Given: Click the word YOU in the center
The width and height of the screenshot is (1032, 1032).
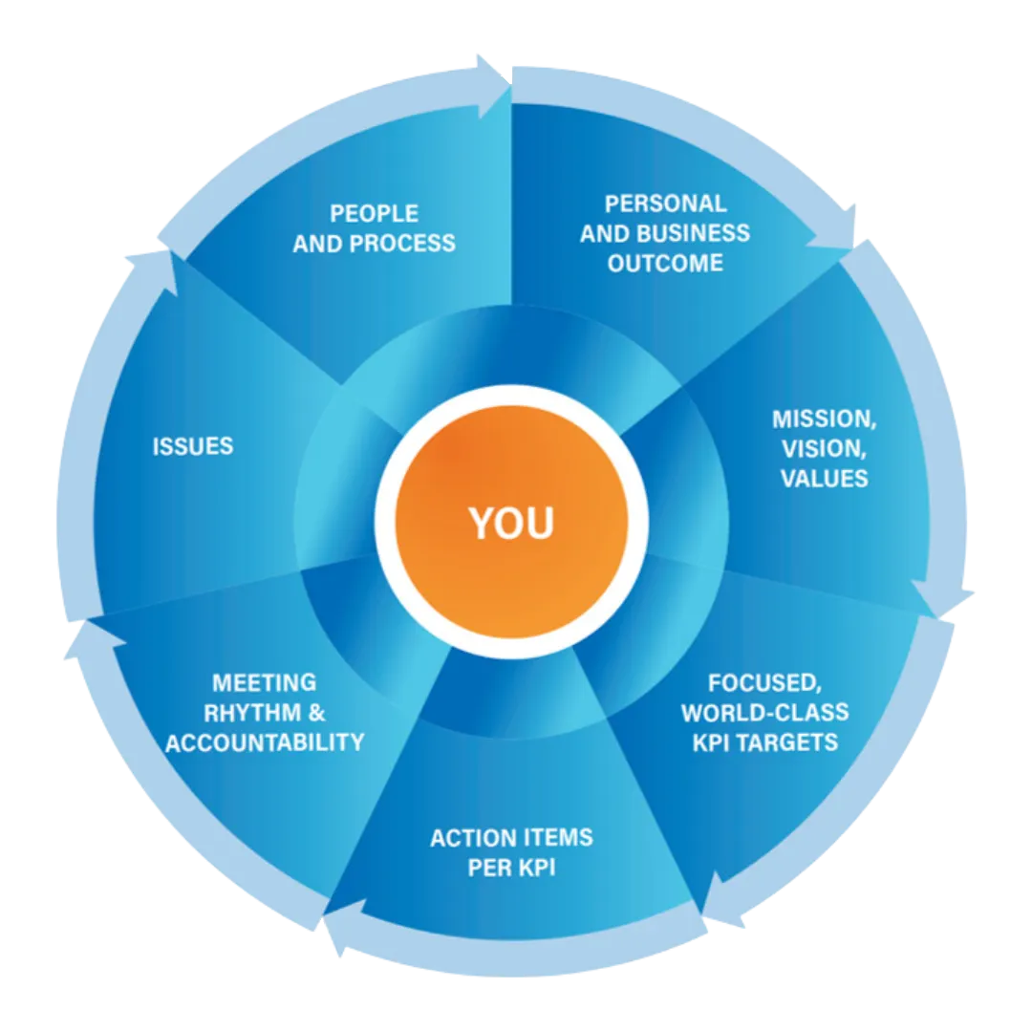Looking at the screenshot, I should click(511, 523).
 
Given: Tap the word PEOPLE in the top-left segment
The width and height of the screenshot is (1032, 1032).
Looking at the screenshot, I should click(374, 213).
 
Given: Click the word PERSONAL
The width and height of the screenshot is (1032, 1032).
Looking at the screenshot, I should click(665, 204).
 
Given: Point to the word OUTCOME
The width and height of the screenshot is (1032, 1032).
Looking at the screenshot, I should click(665, 263).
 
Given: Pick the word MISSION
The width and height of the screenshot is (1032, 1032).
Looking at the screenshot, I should click(823, 419).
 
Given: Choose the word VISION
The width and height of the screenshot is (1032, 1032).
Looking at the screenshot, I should click(823, 449).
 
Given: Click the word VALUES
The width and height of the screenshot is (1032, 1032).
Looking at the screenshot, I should click(824, 478).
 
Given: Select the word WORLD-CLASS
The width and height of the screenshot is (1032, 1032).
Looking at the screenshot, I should click(764, 713).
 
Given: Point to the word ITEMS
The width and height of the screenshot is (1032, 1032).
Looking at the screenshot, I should click(553, 838).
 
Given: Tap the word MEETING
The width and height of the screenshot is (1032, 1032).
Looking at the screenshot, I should click(264, 683).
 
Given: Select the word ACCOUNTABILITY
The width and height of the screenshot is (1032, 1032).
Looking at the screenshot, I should click(265, 742).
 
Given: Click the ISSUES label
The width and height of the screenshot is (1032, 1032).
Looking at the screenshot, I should click(193, 446).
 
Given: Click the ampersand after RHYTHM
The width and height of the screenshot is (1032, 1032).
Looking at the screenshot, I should click(317, 713).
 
